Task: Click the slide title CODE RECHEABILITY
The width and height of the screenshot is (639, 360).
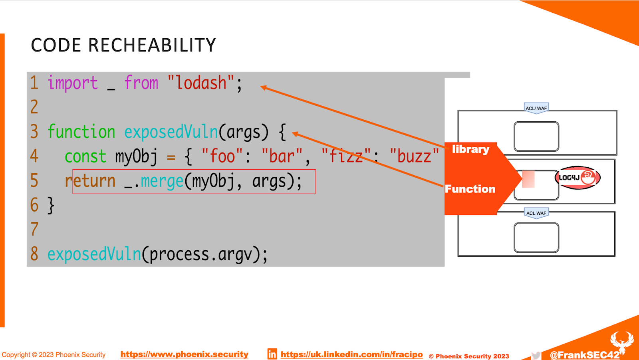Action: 123,45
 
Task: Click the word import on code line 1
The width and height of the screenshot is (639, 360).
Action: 72,83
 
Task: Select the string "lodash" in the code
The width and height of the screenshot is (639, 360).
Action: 201,83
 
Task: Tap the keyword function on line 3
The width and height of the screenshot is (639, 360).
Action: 81,132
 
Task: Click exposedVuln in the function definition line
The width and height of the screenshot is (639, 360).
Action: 171,132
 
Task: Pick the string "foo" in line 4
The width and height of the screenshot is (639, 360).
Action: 222,156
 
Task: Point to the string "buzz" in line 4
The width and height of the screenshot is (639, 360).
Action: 414,156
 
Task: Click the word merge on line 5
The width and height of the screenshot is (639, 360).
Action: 162,181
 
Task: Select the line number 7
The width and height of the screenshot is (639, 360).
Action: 34,229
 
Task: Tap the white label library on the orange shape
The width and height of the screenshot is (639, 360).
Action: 470,149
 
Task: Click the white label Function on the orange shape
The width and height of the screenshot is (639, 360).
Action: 470,189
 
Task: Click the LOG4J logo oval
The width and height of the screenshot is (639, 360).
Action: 577,178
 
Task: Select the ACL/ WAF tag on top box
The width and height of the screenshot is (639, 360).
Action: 536,108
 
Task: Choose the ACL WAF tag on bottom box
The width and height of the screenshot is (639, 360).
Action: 536,213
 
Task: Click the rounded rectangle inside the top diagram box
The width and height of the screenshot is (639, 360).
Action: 536,136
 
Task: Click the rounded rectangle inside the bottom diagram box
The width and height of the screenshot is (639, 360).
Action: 536,237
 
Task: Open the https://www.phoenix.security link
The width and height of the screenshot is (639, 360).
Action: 184,354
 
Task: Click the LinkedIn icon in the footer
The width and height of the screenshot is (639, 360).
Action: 272,354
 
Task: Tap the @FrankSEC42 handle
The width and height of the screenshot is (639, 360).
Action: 584,355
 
